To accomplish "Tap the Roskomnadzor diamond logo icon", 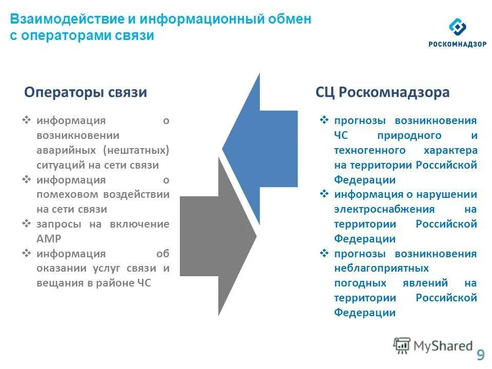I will (457, 28).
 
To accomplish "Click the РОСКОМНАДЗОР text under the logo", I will (457, 44).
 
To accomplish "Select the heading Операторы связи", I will (86, 93).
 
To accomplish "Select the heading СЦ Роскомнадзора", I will (383, 93).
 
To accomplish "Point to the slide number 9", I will (481, 355).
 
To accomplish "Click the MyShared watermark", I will (433, 346).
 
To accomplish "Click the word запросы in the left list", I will (56, 224).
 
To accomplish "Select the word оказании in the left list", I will (58, 269).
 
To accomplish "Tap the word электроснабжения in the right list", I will (384, 210).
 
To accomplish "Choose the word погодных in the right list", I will (358, 283).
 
